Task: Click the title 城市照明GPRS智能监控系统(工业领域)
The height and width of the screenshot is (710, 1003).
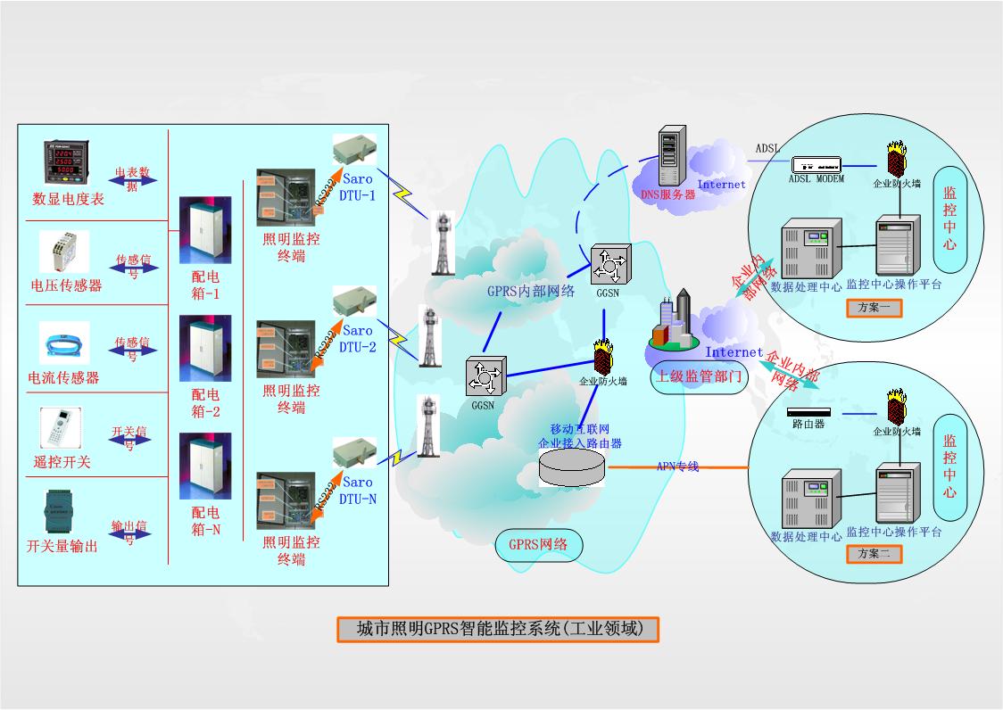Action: pos(499,629)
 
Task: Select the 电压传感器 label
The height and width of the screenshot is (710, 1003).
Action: pos(66,285)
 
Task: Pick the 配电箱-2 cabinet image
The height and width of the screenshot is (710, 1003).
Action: pos(205,348)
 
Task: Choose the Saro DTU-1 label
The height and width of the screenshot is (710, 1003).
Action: pos(358,187)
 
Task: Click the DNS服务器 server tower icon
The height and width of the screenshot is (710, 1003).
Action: pos(671,155)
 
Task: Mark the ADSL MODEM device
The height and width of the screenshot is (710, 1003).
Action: pos(817,164)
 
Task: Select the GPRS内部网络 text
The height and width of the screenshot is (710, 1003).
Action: pos(530,291)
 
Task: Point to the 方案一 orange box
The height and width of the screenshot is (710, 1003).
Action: pos(874,309)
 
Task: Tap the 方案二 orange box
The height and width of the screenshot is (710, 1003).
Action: pos(874,554)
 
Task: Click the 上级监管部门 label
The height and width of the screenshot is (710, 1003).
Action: pos(699,376)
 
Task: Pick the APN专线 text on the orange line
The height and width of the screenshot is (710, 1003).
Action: pos(677,466)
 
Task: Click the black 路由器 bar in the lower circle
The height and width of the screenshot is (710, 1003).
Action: pos(808,412)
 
